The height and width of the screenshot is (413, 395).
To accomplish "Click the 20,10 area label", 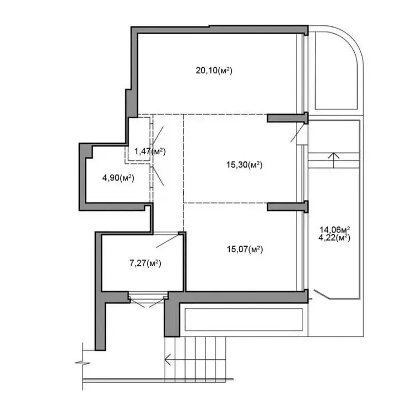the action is click(x=214, y=70).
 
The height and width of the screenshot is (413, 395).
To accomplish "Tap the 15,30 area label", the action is click(x=244, y=165).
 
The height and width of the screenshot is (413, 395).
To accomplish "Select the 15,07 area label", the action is click(x=245, y=249).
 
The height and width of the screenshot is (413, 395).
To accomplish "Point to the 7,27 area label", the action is click(x=145, y=263).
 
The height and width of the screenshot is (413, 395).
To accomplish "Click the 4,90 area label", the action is click(x=118, y=178).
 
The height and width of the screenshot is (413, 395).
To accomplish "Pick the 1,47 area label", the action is click(x=150, y=151).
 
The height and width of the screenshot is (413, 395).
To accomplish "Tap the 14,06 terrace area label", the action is click(x=334, y=230).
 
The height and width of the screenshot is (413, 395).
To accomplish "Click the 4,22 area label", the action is click(x=334, y=238).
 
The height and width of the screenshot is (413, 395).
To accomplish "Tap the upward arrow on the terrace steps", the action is click(x=334, y=160).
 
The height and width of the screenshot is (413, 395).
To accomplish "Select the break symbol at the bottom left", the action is click(x=83, y=363).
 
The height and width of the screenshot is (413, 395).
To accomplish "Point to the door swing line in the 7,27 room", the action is click(x=167, y=241).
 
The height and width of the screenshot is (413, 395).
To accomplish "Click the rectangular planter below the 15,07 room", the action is click(x=244, y=319).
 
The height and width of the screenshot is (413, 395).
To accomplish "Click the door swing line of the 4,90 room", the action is click(x=158, y=176).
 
